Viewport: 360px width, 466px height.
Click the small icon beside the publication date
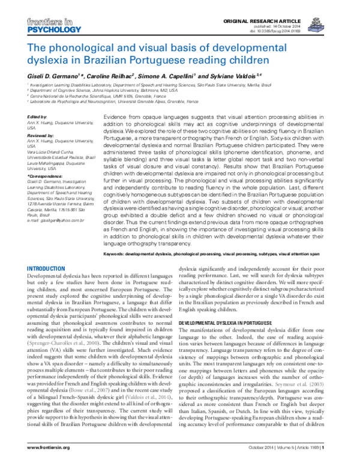318,24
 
